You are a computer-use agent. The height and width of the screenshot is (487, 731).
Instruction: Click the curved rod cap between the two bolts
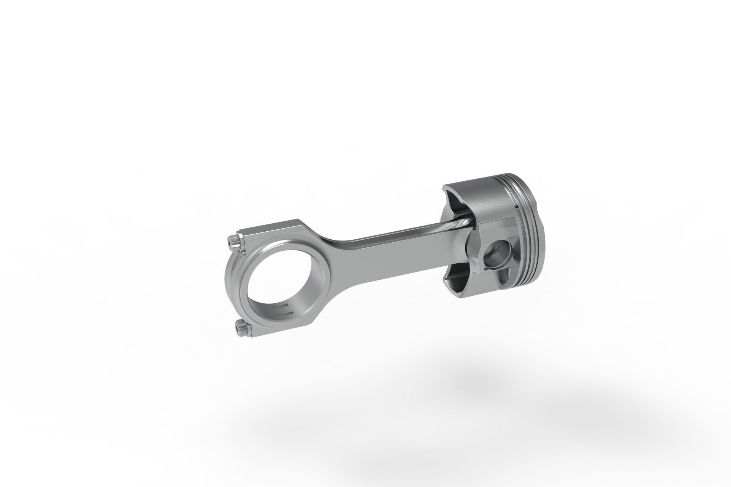pyautogui.click(x=233, y=284)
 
